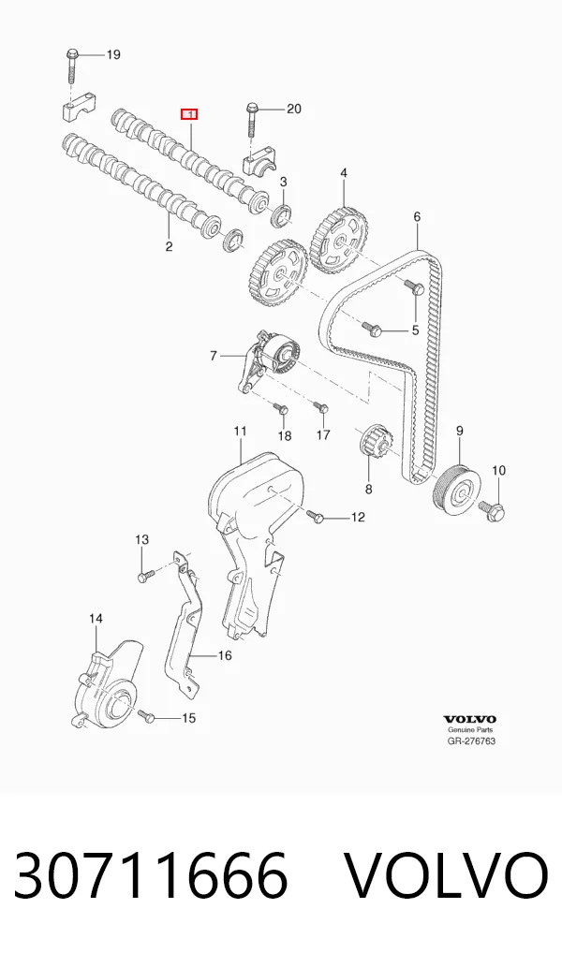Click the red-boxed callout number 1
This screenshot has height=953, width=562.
[x=189, y=114]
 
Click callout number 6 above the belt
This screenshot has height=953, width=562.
[x=417, y=216]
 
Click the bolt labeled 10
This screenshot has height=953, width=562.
[x=493, y=510]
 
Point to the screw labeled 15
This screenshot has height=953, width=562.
[x=147, y=716]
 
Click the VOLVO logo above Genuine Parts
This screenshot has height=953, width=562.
[x=469, y=720]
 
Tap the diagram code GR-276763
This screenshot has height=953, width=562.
[x=471, y=740]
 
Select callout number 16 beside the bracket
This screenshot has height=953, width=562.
[x=225, y=656]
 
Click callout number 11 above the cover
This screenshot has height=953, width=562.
[x=240, y=432]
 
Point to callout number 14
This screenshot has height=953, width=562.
[x=96, y=619]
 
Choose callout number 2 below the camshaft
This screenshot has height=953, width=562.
[x=170, y=246]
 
